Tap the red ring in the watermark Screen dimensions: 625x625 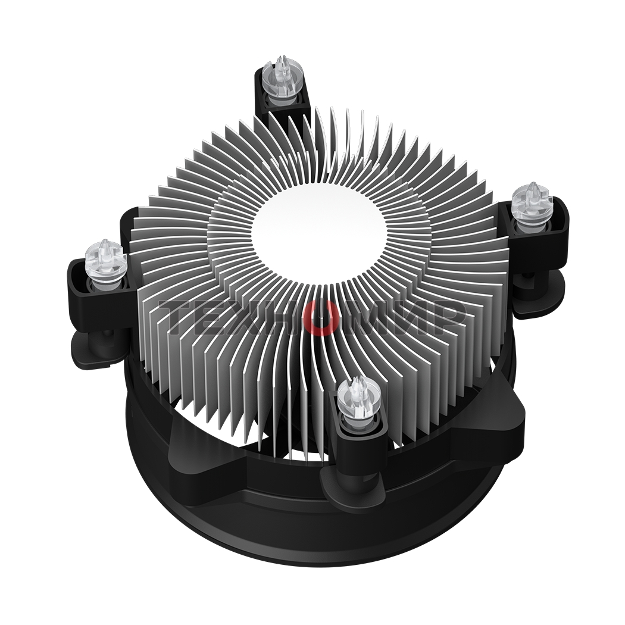(321, 317)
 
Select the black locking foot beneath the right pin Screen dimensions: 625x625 (539, 295)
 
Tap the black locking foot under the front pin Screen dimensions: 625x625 (351, 488)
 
